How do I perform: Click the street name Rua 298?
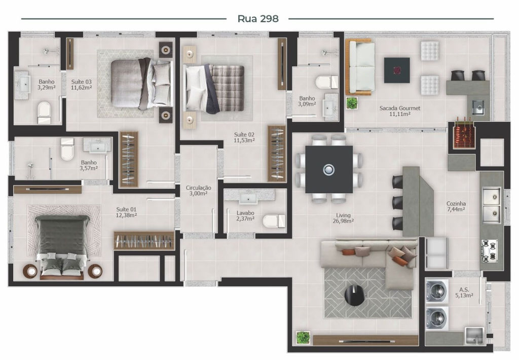pos(258,19)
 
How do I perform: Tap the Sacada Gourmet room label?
pos(400,111)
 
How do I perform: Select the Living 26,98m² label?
pos(343,218)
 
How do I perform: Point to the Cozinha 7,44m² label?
pos(456,206)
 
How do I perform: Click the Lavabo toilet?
pos(274,221)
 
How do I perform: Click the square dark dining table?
pos(328,169)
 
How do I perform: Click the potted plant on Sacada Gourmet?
pos(352,103)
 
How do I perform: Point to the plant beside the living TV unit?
pos(303,338)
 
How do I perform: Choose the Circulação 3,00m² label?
pos(198,191)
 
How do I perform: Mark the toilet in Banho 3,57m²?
pos(67,150)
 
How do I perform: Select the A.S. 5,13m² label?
pos(464,293)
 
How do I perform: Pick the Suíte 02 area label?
pos(244,137)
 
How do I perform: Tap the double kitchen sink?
pos(491,205)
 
